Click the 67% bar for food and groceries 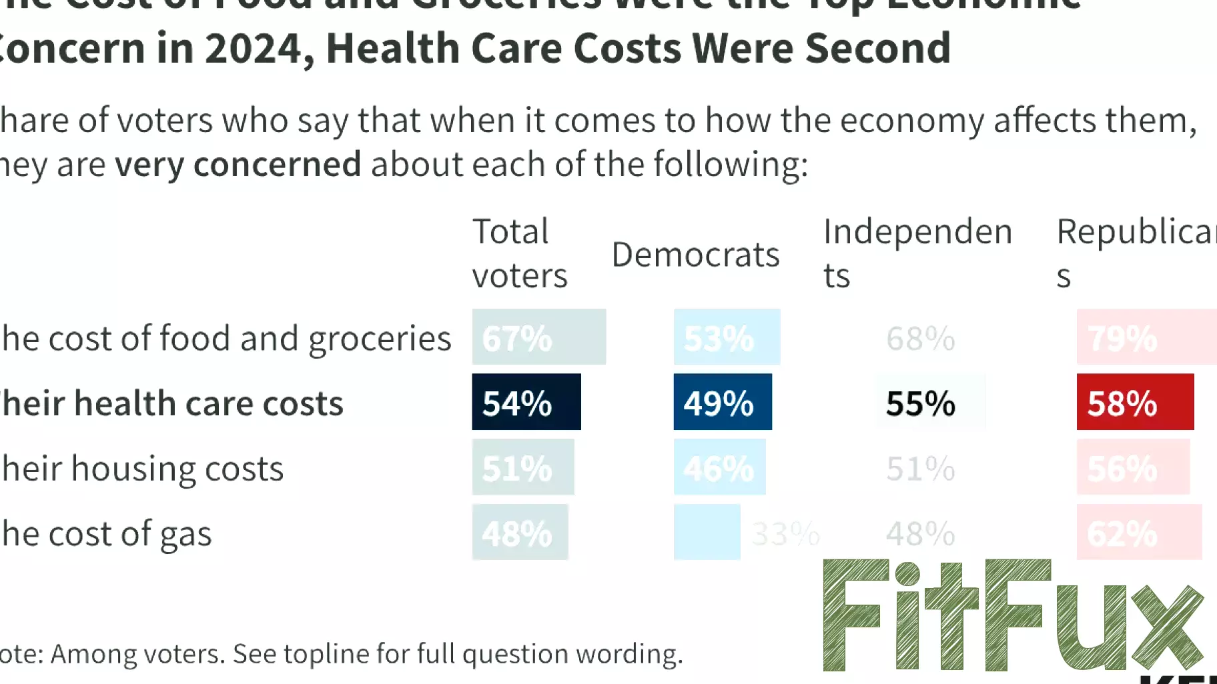[x=538, y=337]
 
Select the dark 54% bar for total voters [x=526, y=402]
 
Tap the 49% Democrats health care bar [x=722, y=402]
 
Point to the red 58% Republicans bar [x=1134, y=402]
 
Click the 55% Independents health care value [x=920, y=403]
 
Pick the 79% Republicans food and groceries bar [x=1146, y=337]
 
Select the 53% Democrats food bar [x=726, y=337]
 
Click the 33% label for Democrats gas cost [x=785, y=533]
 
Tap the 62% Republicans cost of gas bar [x=1138, y=532]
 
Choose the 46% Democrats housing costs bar [x=719, y=467]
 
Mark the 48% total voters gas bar [x=520, y=532]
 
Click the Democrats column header [x=695, y=255]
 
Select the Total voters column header [x=519, y=253]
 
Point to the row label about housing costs [x=143, y=469]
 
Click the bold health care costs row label [x=172, y=403]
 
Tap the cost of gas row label [x=107, y=533]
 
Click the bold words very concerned [x=238, y=164]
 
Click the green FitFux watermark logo [x=1012, y=615]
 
